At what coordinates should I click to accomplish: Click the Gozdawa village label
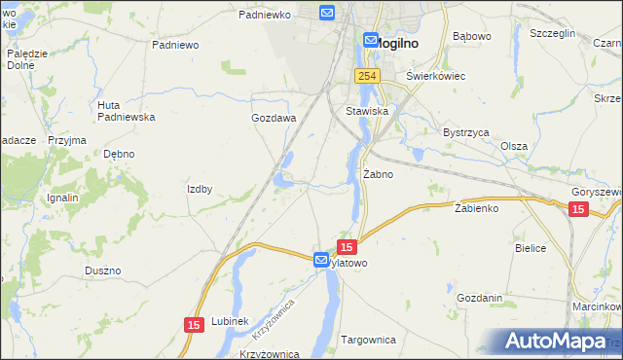[x=274, y=118]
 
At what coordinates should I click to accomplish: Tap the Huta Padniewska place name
[x=127, y=111]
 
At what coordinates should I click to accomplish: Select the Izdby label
[x=200, y=189]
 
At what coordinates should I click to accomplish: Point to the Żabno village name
[x=378, y=175]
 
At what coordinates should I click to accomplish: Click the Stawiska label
[x=367, y=112]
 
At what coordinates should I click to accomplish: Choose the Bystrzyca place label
[x=465, y=131]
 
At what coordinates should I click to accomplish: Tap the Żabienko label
[x=476, y=208]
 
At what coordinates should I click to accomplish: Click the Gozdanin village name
[x=479, y=298]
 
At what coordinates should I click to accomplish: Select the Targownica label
[x=369, y=340]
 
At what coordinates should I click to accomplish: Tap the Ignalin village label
[x=62, y=198]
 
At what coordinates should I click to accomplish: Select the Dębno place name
[x=119, y=154]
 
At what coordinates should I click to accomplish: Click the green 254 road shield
[x=366, y=76]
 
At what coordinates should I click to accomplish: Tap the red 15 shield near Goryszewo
[x=578, y=209]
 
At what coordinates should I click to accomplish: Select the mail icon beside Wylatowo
[x=321, y=260]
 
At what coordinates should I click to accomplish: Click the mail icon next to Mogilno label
[x=371, y=40]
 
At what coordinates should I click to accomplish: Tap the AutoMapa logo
[x=557, y=342]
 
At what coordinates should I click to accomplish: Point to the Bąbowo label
[x=473, y=37]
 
